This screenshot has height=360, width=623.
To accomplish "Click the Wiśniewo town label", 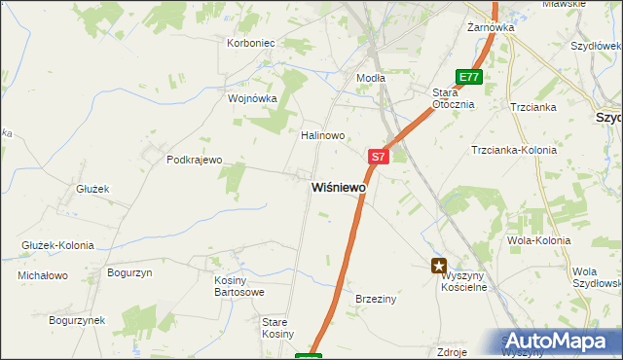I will tap(339, 187).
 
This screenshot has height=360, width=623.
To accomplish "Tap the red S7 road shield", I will tap(379, 156).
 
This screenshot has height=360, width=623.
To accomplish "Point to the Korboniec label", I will tap(251, 43).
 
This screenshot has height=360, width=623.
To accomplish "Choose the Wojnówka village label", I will tap(252, 98).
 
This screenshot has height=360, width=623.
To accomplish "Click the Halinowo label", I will tap(323, 135).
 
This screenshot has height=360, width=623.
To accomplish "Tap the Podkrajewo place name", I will tap(195, 160).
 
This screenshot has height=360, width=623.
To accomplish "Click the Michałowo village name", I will tap(43, 275).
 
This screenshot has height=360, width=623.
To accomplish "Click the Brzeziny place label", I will tap(376, 299).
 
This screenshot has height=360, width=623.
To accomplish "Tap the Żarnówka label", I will tap(490, 27).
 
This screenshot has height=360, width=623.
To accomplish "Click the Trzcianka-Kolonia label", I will tap(513, 150).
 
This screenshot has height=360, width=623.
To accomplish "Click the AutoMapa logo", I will tap(561, 342).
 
